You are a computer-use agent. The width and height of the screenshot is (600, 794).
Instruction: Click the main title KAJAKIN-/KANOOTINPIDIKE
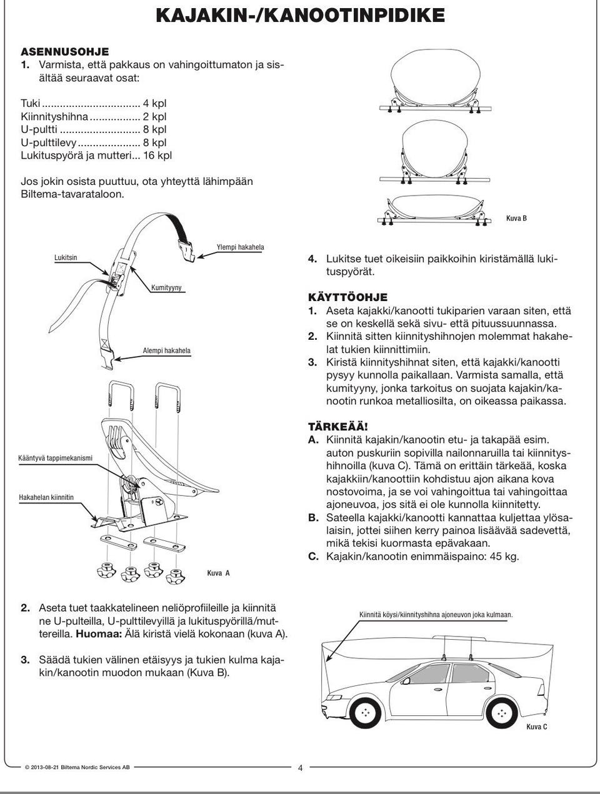[300, 15]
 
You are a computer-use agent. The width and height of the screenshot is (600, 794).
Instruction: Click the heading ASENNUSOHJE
[65, 51]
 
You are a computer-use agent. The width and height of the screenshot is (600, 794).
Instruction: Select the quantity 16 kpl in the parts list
[157, 155]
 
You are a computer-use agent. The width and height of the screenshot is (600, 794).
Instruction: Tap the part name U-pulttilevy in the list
[49, 142]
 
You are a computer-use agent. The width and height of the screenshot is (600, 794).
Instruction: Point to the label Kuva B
[516, 219]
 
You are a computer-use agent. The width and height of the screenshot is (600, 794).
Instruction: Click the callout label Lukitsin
[66, 257]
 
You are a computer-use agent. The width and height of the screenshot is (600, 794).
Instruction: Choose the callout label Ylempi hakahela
[240, 247]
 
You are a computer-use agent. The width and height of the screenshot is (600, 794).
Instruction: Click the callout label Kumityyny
[166, 287]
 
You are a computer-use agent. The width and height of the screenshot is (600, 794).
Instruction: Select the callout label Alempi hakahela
[167, 351]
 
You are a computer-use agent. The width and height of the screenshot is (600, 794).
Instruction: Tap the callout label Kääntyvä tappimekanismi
[56, 458]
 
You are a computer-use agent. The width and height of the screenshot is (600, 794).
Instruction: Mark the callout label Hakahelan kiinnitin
[46, 497]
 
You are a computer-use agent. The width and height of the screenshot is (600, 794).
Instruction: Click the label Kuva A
[219, 572]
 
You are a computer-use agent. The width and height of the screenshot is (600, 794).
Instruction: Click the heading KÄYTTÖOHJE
[347, 297]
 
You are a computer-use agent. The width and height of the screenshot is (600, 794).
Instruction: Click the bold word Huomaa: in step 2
[96, 633]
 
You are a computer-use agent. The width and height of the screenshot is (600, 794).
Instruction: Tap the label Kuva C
[537, 727]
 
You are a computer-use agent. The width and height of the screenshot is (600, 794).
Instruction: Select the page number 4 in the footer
[300, 768]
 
